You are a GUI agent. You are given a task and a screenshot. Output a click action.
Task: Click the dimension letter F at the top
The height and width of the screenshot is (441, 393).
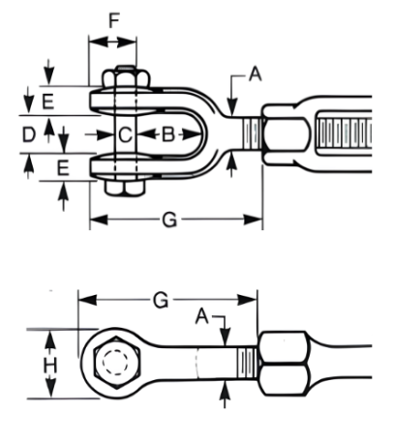tap(114, 20)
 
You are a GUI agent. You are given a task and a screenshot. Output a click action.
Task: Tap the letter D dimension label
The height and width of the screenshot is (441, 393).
tap(28, 134)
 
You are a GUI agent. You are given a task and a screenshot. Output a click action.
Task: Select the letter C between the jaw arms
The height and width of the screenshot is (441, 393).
tap(125, 134)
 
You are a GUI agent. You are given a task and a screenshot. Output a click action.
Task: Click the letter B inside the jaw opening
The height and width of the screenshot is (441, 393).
tap(168, 134)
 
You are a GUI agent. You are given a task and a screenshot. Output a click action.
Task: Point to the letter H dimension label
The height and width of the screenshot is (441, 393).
tap(50, 366)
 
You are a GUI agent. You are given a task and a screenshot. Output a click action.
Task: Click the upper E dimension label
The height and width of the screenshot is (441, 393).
tap(48, 102)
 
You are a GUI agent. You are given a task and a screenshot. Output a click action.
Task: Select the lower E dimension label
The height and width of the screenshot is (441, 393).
tap(63, 168)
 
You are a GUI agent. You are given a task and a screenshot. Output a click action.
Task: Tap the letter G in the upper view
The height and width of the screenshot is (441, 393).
tap(169, 220)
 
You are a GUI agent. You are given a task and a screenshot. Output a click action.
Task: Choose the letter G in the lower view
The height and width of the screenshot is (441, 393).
tap(161, 301)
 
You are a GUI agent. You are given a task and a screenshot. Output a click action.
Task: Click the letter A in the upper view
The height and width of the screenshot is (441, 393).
tap(256, 73)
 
